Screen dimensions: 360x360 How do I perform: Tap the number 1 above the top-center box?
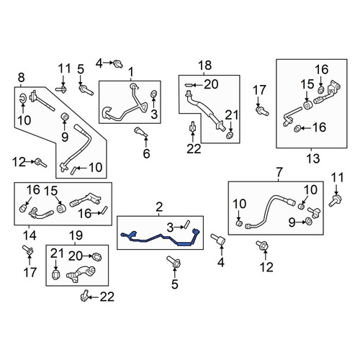[131, 72]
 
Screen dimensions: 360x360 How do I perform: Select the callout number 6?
[146, 153]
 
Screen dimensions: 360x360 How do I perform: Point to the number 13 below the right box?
[313, 158]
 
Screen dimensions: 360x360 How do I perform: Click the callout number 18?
[205, 66]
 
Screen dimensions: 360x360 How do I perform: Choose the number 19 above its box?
[76, 236]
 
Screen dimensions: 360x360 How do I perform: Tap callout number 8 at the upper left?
[21, 78]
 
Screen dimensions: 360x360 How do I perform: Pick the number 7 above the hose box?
[279, 172]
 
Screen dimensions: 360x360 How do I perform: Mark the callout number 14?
[30, 235]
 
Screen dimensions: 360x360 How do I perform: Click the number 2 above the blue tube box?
[159, 207]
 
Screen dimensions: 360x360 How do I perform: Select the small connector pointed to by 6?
[141, 132]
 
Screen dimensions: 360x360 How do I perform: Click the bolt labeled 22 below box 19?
[84, 295]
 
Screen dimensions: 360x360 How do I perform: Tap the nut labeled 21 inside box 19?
[56, 274]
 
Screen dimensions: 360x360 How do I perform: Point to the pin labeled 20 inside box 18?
[188, 85]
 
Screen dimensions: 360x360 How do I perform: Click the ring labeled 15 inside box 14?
[60, 209]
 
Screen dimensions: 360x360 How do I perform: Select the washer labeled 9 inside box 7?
[309, 221]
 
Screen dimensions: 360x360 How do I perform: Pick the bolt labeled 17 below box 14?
[29, 250]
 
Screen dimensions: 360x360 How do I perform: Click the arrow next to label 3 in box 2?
[179, 227]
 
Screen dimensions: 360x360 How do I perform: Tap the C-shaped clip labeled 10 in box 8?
[23, 98]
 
